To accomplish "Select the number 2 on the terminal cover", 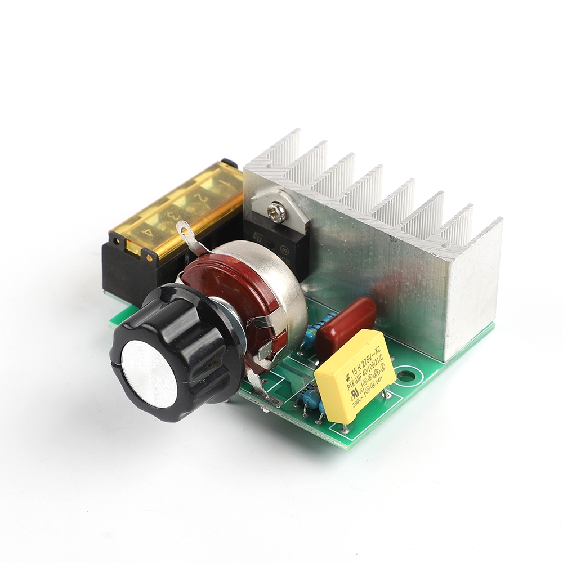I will pyautogui.click(x=199, y=198).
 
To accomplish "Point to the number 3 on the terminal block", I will pyautogui.click(x=175, y=215).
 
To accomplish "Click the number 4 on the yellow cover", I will pyautogui.click(x=148, y=231).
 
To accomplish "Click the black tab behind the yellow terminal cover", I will pyautogui.click(x=229, y=163).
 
